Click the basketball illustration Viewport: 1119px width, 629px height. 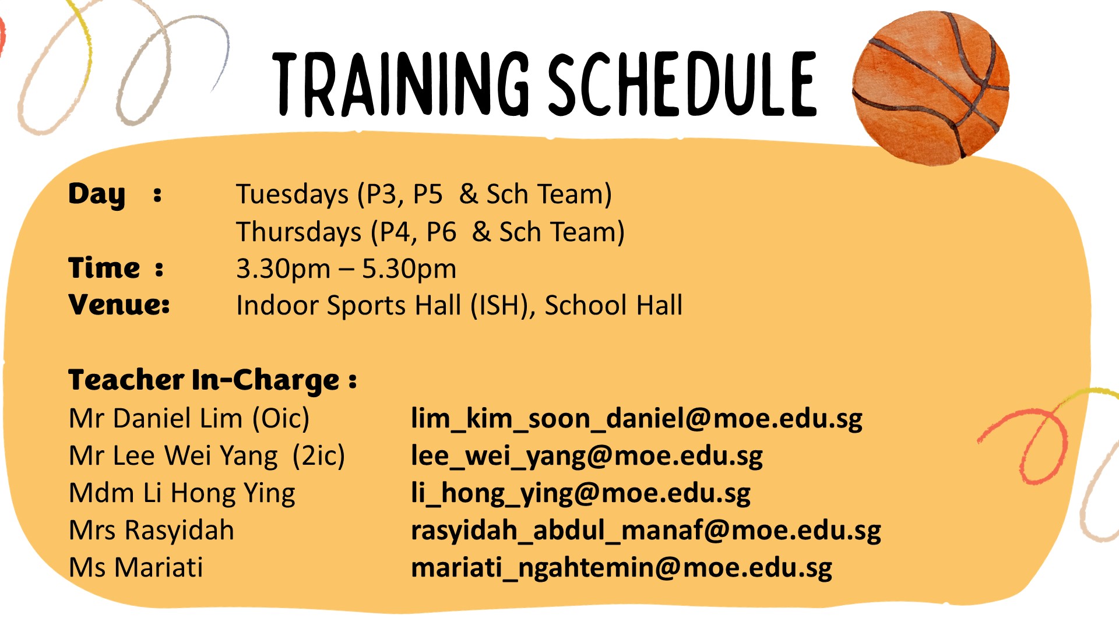point(931,87)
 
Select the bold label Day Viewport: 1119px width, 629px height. point(97,195)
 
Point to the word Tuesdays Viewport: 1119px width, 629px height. point(292,195)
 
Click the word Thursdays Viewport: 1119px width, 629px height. point(299,232)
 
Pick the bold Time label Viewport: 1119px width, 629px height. point(104,268)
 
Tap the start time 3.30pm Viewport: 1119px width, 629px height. point(283,269)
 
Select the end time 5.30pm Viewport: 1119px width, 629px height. point(409,269)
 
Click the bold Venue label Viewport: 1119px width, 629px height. point(119,305)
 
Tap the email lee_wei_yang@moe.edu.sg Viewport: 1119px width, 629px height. point(587,456)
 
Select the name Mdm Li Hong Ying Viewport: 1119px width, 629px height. point(182,493)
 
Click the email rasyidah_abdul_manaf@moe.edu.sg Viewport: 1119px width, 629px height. point(646,531)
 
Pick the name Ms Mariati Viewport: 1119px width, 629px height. point(136,567)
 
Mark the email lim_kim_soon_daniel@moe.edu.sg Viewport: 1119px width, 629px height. point(636,419)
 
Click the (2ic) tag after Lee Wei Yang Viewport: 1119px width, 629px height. point(319,455)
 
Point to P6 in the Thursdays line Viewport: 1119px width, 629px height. point(441,232)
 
